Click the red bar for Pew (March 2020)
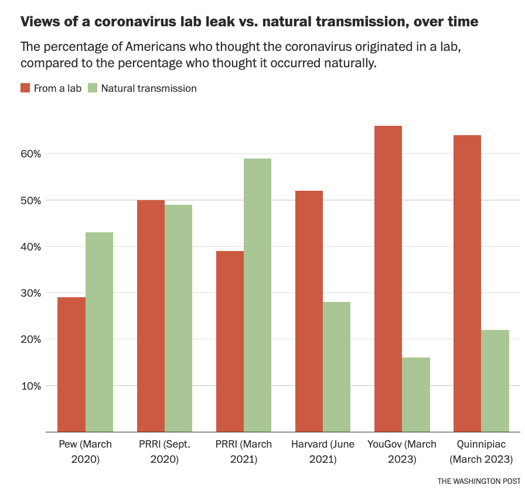pos(71,365)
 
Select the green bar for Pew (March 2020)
pos(99,332)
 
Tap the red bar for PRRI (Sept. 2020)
pos(151,316)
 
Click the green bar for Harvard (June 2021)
pos(336,367)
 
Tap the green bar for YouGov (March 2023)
pos(416,395)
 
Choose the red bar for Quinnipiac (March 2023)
pos(467,284)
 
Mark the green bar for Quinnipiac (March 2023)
pos(495,381)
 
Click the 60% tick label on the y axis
pos(29,154)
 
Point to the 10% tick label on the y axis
pos(29,386)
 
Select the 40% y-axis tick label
pos(29,247)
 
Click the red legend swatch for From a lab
pos(25,88)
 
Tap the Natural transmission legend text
pos(149,88)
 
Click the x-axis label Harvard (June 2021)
pos(322,452)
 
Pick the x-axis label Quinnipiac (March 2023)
pos(481,452)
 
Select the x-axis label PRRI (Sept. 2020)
pos(164,452)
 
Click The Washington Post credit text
pos(478,481)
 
